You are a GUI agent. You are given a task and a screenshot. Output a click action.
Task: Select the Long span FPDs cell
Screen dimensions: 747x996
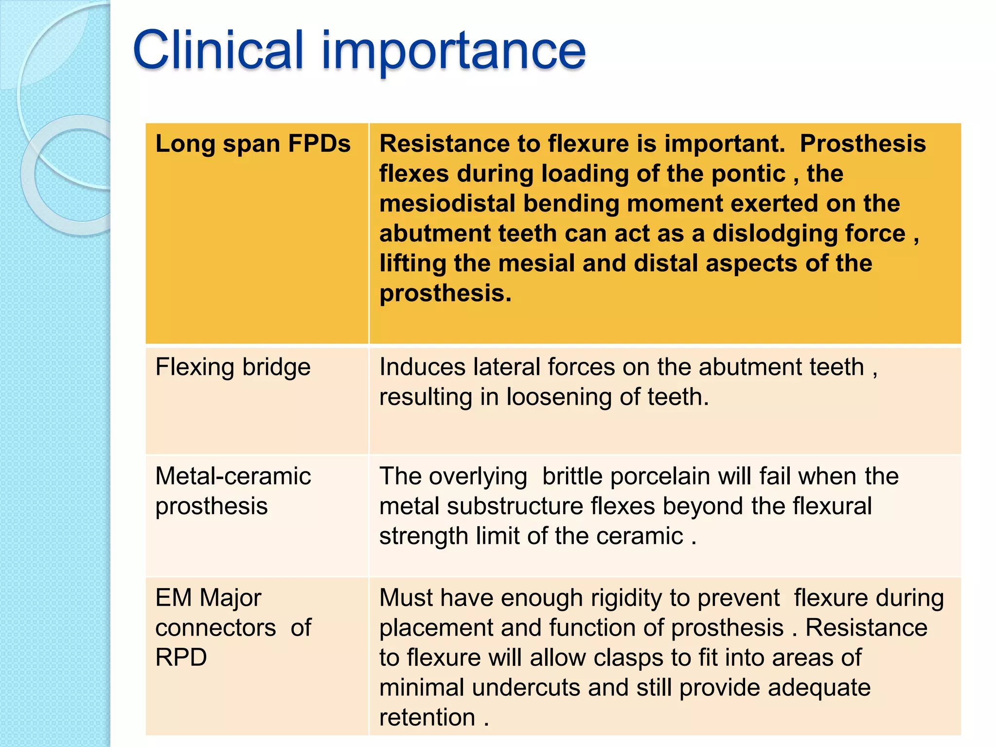(x=253, y=144)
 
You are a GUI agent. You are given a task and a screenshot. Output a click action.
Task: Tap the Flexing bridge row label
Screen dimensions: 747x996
(x=232, y=367)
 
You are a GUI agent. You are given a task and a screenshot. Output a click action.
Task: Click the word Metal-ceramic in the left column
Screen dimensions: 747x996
(x=232, y=476)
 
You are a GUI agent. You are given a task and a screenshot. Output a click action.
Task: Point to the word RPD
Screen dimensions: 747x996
(x=181, y=658)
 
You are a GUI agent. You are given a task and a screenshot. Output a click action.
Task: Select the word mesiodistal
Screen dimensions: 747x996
(x=447, y=204)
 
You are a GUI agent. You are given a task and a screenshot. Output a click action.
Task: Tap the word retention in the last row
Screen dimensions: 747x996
(x=427, y=718)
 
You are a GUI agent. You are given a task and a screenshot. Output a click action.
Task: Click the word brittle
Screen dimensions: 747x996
(x=572, y=476)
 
